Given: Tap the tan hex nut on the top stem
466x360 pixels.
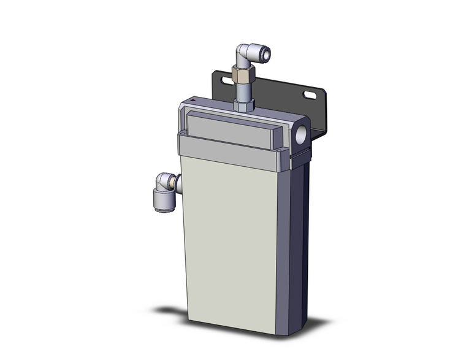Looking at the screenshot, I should (243, 75).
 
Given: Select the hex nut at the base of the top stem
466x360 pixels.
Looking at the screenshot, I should (243, 105).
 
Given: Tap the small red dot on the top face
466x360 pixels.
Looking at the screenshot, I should (192, 99).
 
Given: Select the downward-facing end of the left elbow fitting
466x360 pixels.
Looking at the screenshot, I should (162, 206).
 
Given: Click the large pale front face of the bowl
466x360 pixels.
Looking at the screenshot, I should (230, 245).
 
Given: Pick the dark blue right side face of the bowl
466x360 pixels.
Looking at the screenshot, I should (297, 245).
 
